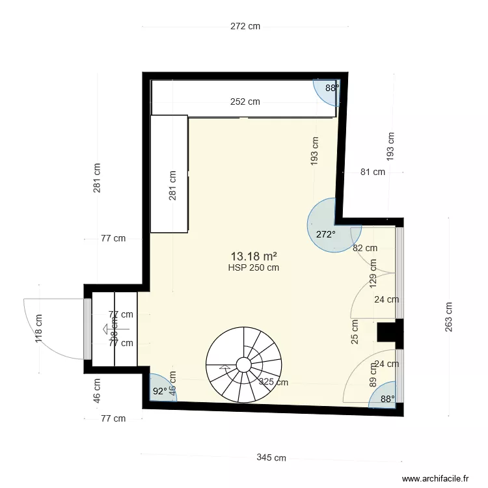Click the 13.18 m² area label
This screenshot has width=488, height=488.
click(x=254, y=256)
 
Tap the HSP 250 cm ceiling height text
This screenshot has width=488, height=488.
click(x=254, y=267)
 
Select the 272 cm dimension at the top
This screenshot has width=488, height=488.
click(x=245, y=27)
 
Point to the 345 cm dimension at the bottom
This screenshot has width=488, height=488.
click(x=271, y=458)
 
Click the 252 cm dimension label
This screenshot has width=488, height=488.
click(x=245, y=102)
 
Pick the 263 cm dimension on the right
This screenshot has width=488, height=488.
click(x=449, y=317)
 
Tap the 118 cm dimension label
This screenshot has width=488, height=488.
click(x=39, y=329)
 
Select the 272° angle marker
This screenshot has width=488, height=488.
click(x=325, y=234)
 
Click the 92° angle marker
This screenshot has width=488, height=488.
click(x=159, y=391)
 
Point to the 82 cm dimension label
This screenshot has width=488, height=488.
click(x=364, y=248)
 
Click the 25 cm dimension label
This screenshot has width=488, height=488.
click(x=355, y=332)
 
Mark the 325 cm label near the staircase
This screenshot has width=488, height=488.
click(x=273, y=383)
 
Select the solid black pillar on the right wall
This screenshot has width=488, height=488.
click(x=386, y=332)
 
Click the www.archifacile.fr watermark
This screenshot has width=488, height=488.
click(x=436, y=478)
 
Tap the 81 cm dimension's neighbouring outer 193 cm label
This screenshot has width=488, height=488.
click(x=390, y=147)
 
